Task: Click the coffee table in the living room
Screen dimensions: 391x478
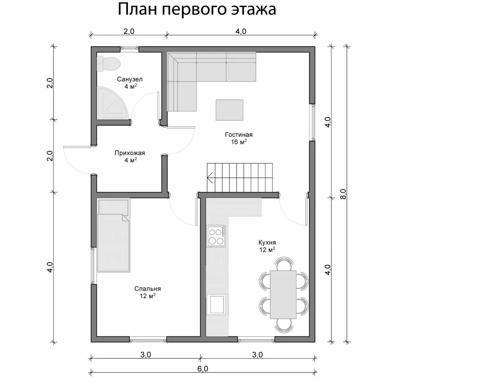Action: coord(229,110)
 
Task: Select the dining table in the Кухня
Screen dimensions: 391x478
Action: coord(283,294)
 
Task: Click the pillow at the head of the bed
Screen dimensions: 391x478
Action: coord(114,207)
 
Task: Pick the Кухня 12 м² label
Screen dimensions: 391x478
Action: coord(266,246)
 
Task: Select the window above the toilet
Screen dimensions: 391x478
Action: coord(129,49)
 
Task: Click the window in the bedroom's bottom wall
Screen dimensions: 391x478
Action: coord(148,340)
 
